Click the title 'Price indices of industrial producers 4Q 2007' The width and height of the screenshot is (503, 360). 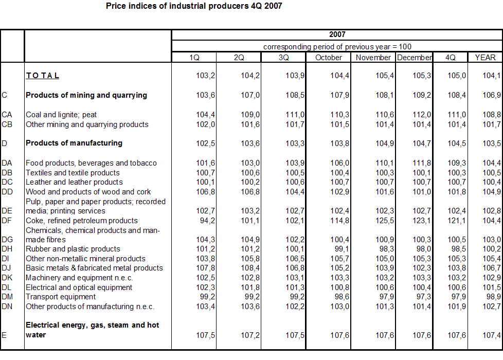194,6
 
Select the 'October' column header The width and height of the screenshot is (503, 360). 329,58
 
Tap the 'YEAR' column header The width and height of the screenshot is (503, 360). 485,58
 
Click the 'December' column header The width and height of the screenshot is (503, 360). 414,58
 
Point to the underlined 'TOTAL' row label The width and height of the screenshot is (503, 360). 43,76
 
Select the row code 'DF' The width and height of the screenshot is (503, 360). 7,221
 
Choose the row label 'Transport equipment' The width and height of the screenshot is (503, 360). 61,297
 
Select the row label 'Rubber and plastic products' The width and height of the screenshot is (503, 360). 73,249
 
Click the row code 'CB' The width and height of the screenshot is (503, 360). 7,124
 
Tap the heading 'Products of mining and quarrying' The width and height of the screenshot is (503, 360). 86,95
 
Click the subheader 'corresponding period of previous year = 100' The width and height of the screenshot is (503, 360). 337,46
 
